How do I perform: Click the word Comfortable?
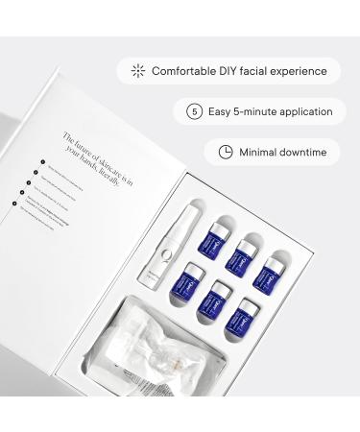pos(183,71)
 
